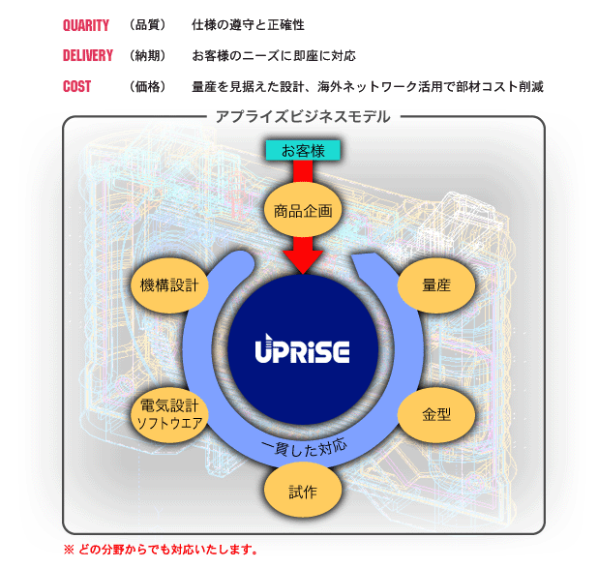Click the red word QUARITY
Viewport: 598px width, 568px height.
pyautogui.click(x=86, y=24)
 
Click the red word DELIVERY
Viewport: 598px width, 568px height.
pyautogui.click(x=88, y=55)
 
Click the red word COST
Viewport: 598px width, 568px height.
pyautogui.click(x=76, y=86)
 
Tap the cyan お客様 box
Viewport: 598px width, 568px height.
pyautogui.click(x=302, y=151)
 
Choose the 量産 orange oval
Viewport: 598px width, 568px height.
pyautogui.click(x=435, y=285)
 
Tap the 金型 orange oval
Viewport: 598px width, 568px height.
pyautogui.click(x=435, y=414)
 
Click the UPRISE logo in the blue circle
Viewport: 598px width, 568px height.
pyautogui.click(x=302, y=350)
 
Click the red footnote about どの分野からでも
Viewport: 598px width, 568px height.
pyautogui.click(x=160, y=550)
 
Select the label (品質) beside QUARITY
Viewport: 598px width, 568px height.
pyautogui.click(x=147, y=24)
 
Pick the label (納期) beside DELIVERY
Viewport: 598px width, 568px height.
pyautogui.click(x=147, y=55)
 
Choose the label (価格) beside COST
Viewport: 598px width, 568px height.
pyautogui.click(x=147, y=86)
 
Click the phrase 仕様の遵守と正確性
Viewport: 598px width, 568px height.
pyautogui.click(x=249, y=24)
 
